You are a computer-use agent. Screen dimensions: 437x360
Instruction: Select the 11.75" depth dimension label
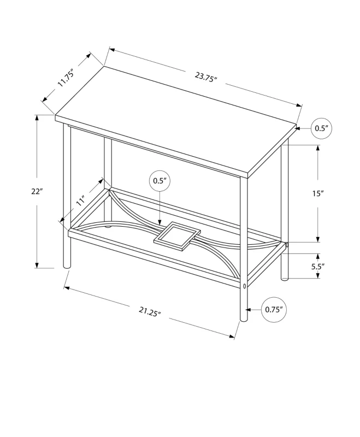(67, 78)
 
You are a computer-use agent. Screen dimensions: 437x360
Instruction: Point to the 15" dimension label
(318, 194)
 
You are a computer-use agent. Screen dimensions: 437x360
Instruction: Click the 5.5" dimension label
(317, 267)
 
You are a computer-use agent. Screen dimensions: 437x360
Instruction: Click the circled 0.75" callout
(273, 309)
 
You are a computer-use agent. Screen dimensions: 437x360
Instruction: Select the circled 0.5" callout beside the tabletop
(321, 128)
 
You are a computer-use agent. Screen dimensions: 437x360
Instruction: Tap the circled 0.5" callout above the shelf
(159, 180)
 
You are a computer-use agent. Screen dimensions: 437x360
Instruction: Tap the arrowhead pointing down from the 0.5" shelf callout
(159, 222)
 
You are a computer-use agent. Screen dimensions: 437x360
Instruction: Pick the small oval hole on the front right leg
(244, 286)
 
